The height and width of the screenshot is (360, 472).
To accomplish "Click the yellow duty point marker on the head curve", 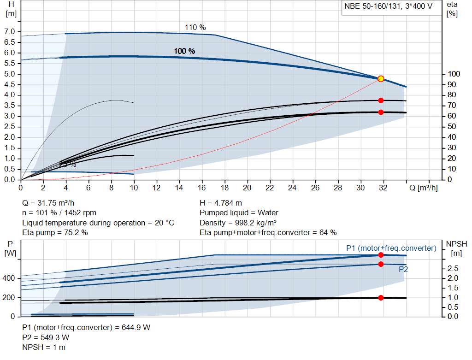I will pos(381,79).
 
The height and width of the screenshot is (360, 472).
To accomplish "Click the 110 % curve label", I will pos(195,28).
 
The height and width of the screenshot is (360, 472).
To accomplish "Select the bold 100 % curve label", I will pos(184,51).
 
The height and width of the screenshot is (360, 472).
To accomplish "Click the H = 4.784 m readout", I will pos(221,203).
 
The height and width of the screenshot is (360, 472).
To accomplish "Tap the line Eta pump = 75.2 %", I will pos(55,233).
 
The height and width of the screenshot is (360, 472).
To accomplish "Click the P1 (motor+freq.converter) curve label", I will pos(391,248).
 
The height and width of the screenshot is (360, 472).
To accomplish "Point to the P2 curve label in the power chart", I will pos(403,269).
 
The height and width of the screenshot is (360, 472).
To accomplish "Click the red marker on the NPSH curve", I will pos(381,298).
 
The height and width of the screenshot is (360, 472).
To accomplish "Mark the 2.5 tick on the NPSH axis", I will pos(453,268).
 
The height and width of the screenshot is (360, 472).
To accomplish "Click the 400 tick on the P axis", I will pos(9,278).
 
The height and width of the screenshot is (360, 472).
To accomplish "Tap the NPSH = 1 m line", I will pos(44,347).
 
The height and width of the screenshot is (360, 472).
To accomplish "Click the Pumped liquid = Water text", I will pos(239,213).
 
